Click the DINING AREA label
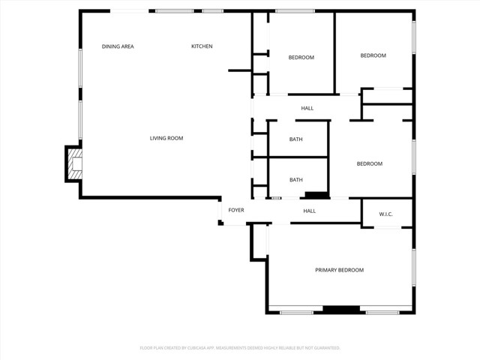118,46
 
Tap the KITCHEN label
202,46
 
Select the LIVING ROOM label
166,138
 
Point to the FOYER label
236,211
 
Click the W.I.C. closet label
385,214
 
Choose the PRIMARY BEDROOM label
339,270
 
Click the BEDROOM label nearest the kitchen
301,58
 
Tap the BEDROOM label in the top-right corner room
373,55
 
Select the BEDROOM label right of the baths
369,164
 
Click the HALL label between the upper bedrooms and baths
307,109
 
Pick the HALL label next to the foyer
309,211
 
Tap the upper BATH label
296,139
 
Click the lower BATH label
296,179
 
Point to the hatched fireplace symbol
74,164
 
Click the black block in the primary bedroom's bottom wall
341,309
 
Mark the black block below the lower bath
316,196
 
